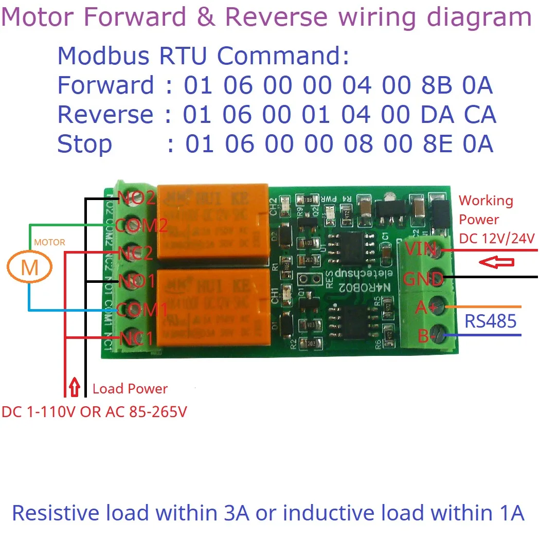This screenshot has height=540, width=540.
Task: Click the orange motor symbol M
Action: (x=30, y=268)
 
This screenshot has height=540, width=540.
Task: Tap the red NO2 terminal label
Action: (x=136, y=198)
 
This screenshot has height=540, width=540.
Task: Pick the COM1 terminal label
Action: (x=142, y=310)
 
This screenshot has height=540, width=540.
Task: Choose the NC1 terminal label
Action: (x=136, y=339)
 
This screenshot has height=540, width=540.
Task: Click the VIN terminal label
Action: (x=420, y=250)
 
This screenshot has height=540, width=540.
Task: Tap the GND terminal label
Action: (x=423, y=279)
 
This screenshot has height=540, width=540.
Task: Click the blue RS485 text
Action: (x=490, y=321)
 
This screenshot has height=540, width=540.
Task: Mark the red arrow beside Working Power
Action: (x=496, y=263)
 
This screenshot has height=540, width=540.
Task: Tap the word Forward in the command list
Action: (x=105, y=85)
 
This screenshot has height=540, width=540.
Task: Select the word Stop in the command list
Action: (x=84, y=145)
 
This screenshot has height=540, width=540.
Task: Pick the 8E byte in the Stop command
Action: (x=436, y=145)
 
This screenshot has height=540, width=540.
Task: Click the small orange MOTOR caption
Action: (x=49, y=242)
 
